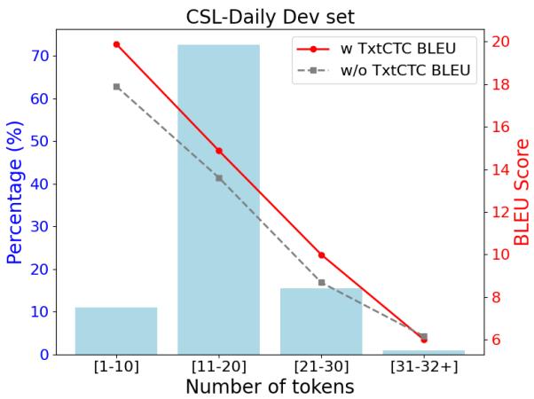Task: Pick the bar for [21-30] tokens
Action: click(321, 321)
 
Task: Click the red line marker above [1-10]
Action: click(116, 44)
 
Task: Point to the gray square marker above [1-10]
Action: click(116, 87)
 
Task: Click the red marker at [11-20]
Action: click(218, 151)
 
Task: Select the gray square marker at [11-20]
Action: click(218, 178)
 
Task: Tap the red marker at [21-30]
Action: click(321, 255)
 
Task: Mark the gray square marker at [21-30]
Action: click(321, 283)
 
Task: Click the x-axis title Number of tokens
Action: click(270, 387)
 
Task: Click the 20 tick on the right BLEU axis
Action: click(500, 42)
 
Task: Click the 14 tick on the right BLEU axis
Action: click(500, 169)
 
